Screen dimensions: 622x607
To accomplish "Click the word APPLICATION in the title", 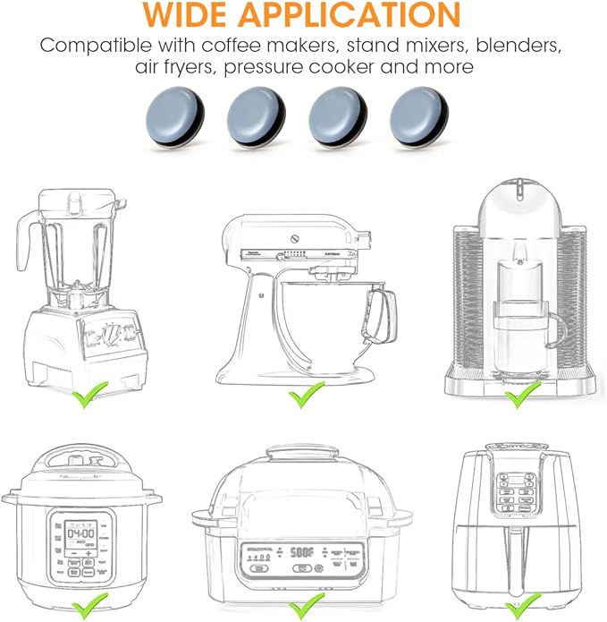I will [x=361, y=14].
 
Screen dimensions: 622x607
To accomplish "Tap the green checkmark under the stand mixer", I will [x=307, y=394].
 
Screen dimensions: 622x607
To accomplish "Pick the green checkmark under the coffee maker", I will [x=522, y=391].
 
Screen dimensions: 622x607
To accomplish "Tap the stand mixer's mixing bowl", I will [x=340, y=313].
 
